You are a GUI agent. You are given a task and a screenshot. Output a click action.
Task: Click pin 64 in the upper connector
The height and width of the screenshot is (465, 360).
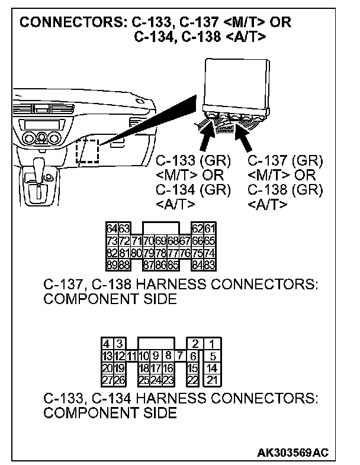click(x=111, y=228)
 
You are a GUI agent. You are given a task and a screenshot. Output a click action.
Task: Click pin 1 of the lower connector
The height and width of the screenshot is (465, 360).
click(x=212, y=344)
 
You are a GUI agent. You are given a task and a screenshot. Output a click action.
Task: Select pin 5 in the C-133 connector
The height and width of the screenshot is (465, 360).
click(x=212, y=356)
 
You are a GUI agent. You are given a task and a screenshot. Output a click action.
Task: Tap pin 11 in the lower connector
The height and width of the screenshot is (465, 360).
click(x=131, y=356)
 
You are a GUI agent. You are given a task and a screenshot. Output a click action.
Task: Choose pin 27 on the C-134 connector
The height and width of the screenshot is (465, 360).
click(x=107, y=379)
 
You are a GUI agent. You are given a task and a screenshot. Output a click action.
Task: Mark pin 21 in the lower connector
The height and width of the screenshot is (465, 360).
click(x=212, y=379)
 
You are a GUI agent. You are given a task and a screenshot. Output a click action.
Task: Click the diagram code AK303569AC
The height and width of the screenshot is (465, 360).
click(x=292, y=453)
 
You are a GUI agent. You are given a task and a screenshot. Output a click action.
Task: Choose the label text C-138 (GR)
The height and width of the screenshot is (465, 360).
click(x=285, y=190)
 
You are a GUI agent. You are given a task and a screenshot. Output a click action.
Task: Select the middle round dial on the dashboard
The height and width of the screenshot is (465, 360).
click(x=42, y=140)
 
